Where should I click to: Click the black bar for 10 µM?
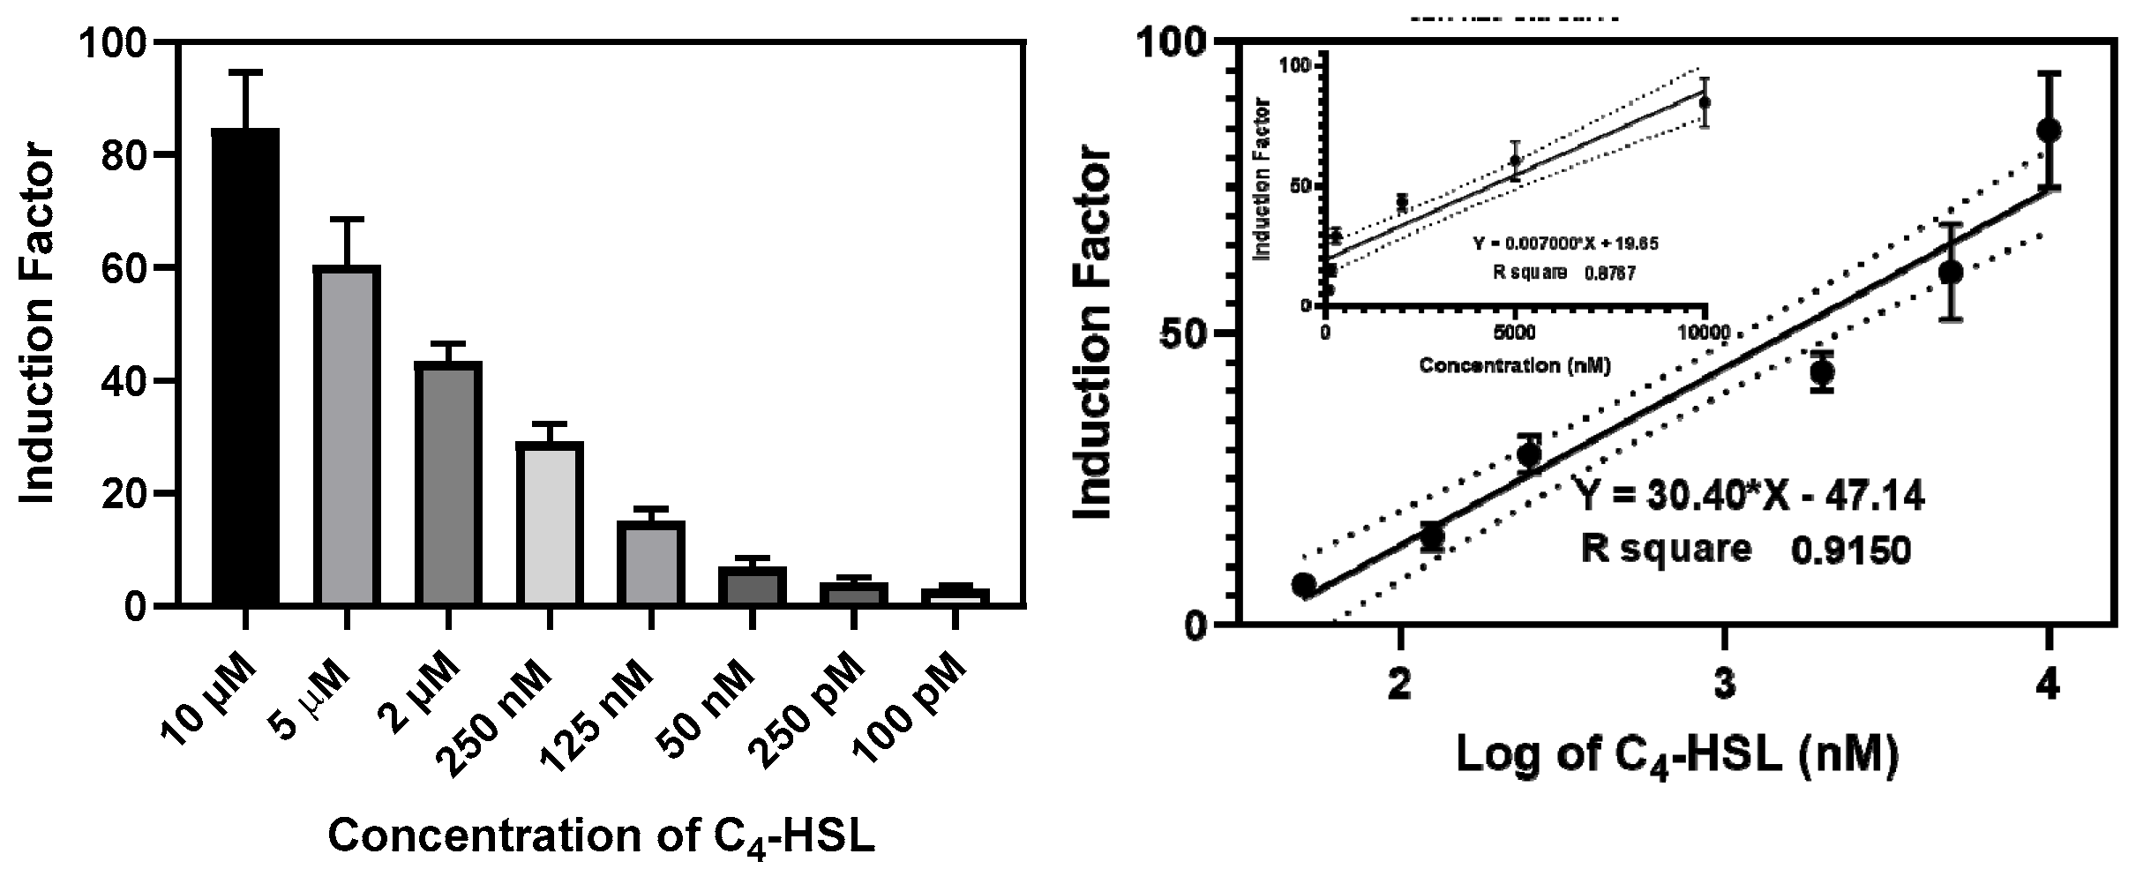(x=246, y=366)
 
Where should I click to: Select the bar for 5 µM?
(x=347, y=435)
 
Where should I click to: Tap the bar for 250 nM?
(x=549, y=523)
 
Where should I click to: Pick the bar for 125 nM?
(x=650, y=563)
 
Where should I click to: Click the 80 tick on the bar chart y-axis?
(x=124, y=155)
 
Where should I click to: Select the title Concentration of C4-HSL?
(x=602, y=836)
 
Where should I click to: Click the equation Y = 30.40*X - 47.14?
(x=1750, y=497)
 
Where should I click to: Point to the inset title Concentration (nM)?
(x=1514, y=364)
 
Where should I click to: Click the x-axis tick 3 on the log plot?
(x=1723, y=685)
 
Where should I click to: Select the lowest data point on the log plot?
(x=1304, y=585)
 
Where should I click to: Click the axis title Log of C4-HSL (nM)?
(x=1676, y=756)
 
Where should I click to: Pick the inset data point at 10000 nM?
(x=1705, y=102)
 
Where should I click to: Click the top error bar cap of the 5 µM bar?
(x=347, y=219)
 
